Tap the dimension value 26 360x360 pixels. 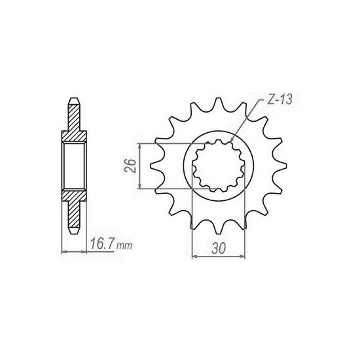(130, 165)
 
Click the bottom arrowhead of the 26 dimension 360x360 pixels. (138, 189)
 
